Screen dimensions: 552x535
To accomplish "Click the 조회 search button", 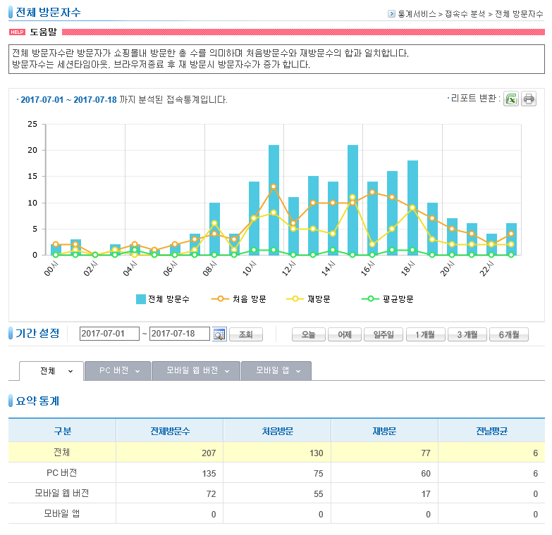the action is [246, 334].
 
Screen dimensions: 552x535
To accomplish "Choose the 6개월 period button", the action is [509, 334].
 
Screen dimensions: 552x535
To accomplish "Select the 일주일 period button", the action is [384, 334].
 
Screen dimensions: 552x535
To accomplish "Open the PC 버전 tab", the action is [118, 371].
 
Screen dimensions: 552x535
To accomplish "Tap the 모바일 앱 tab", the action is [276, 371].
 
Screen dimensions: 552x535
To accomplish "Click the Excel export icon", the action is [511, 99].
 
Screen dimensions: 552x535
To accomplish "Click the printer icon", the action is [529, 99].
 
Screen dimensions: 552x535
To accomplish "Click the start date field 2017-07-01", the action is [109, 334].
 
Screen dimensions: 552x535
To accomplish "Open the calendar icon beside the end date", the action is [219, 334].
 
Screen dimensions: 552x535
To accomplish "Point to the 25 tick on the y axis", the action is [32, 124].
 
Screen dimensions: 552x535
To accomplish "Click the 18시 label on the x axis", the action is [408, 269].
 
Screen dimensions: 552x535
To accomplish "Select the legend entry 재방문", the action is [308, 299].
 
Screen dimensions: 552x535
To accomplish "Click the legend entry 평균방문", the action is [388, 299].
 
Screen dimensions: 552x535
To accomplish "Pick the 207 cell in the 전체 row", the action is [209, 453].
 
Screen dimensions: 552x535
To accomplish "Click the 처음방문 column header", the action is [277, 431].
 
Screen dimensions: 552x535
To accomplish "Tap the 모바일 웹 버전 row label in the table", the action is [61, 493].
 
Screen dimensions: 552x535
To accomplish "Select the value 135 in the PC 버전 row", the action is [209, 474].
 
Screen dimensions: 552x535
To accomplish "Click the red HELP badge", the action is [17, 32].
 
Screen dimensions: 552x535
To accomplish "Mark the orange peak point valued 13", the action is [274, 187].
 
